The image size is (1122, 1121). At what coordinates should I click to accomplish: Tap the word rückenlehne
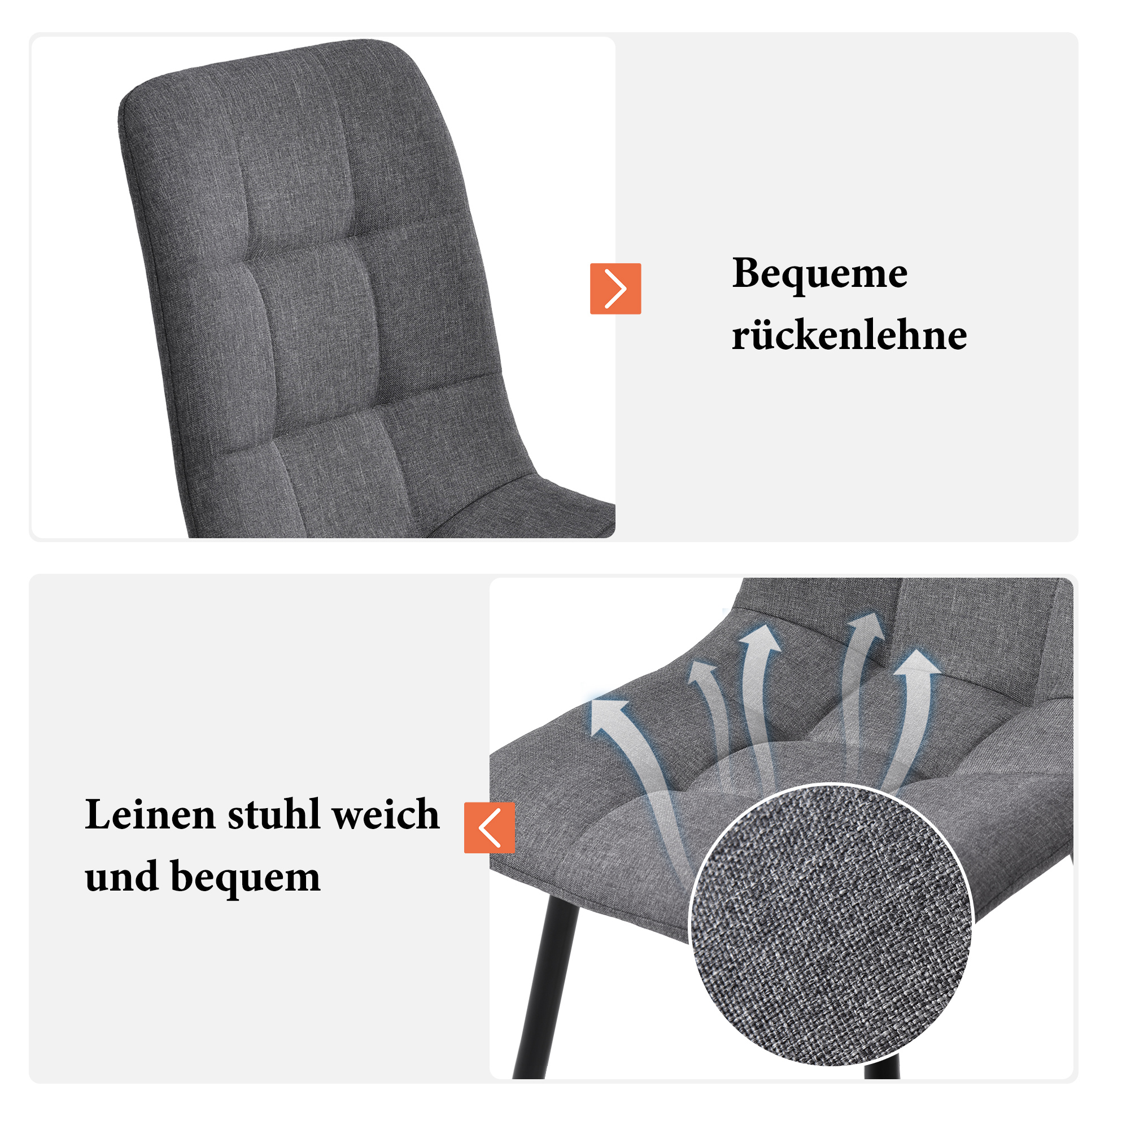(x=849, y=335)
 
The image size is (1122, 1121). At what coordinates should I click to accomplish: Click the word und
(x=122, y=876)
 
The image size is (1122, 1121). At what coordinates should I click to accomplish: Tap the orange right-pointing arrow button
(x=615, y=289)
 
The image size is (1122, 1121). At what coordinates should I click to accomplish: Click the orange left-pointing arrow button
(x=490, y=828)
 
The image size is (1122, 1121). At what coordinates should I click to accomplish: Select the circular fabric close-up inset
(x=831, y=924)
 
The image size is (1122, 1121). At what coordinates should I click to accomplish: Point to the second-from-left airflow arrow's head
(x=701, y=672)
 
